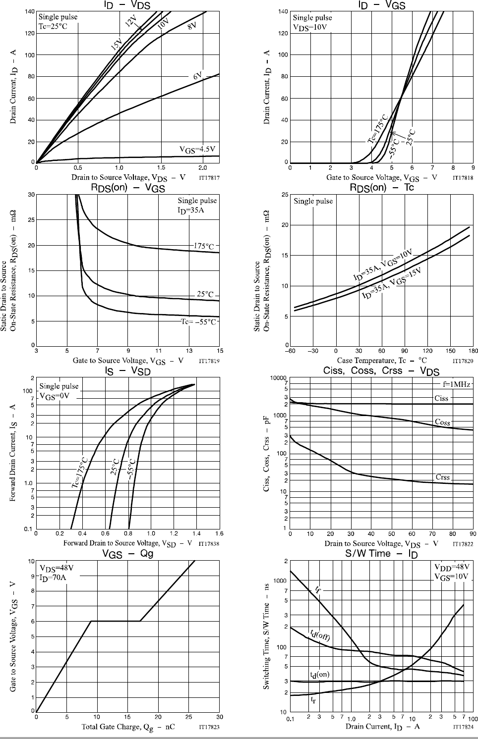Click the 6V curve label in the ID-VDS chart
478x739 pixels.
coord(198,76)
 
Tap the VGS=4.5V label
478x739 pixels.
coord(197,149)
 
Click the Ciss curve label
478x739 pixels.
coord(441,398)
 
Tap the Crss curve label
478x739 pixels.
coord(442,477)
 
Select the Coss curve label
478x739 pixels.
coord(442,422)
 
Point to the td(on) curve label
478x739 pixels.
coord(319,675)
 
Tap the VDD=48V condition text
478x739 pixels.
coord(452,567)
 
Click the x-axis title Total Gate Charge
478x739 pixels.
coord(128,727)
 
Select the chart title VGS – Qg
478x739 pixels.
coord(127,554)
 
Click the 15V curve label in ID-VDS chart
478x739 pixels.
coord(116,46)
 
